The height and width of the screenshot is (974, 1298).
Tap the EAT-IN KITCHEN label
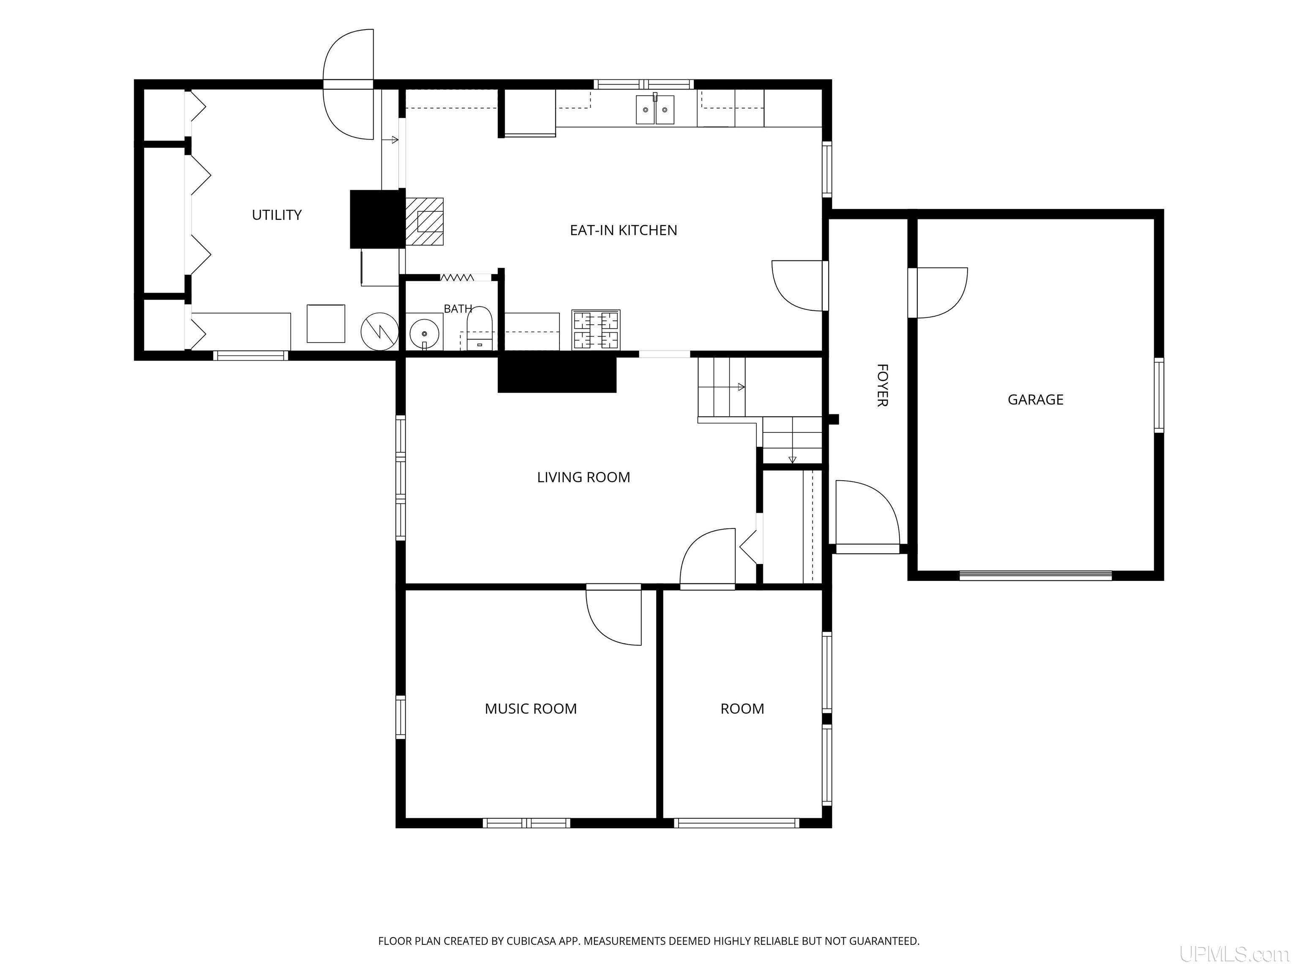(x=623, y=230)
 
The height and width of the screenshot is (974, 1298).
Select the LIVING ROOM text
(x=583, y=477)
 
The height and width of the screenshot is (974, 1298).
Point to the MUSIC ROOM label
(x=530, y=709)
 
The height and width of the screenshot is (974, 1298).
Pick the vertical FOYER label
(x=882, y=385)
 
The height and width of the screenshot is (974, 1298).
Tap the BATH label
(x=458, y=309)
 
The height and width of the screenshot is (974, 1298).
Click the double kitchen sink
(x=655, y=110)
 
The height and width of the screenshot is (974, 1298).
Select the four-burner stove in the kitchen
(x=596, y=330)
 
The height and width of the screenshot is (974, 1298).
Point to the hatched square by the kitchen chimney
(x=424, y=222)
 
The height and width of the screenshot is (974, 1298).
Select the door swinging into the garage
(x=939, y=293)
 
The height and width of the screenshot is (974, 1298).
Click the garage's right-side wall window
(x=1159, y=396)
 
